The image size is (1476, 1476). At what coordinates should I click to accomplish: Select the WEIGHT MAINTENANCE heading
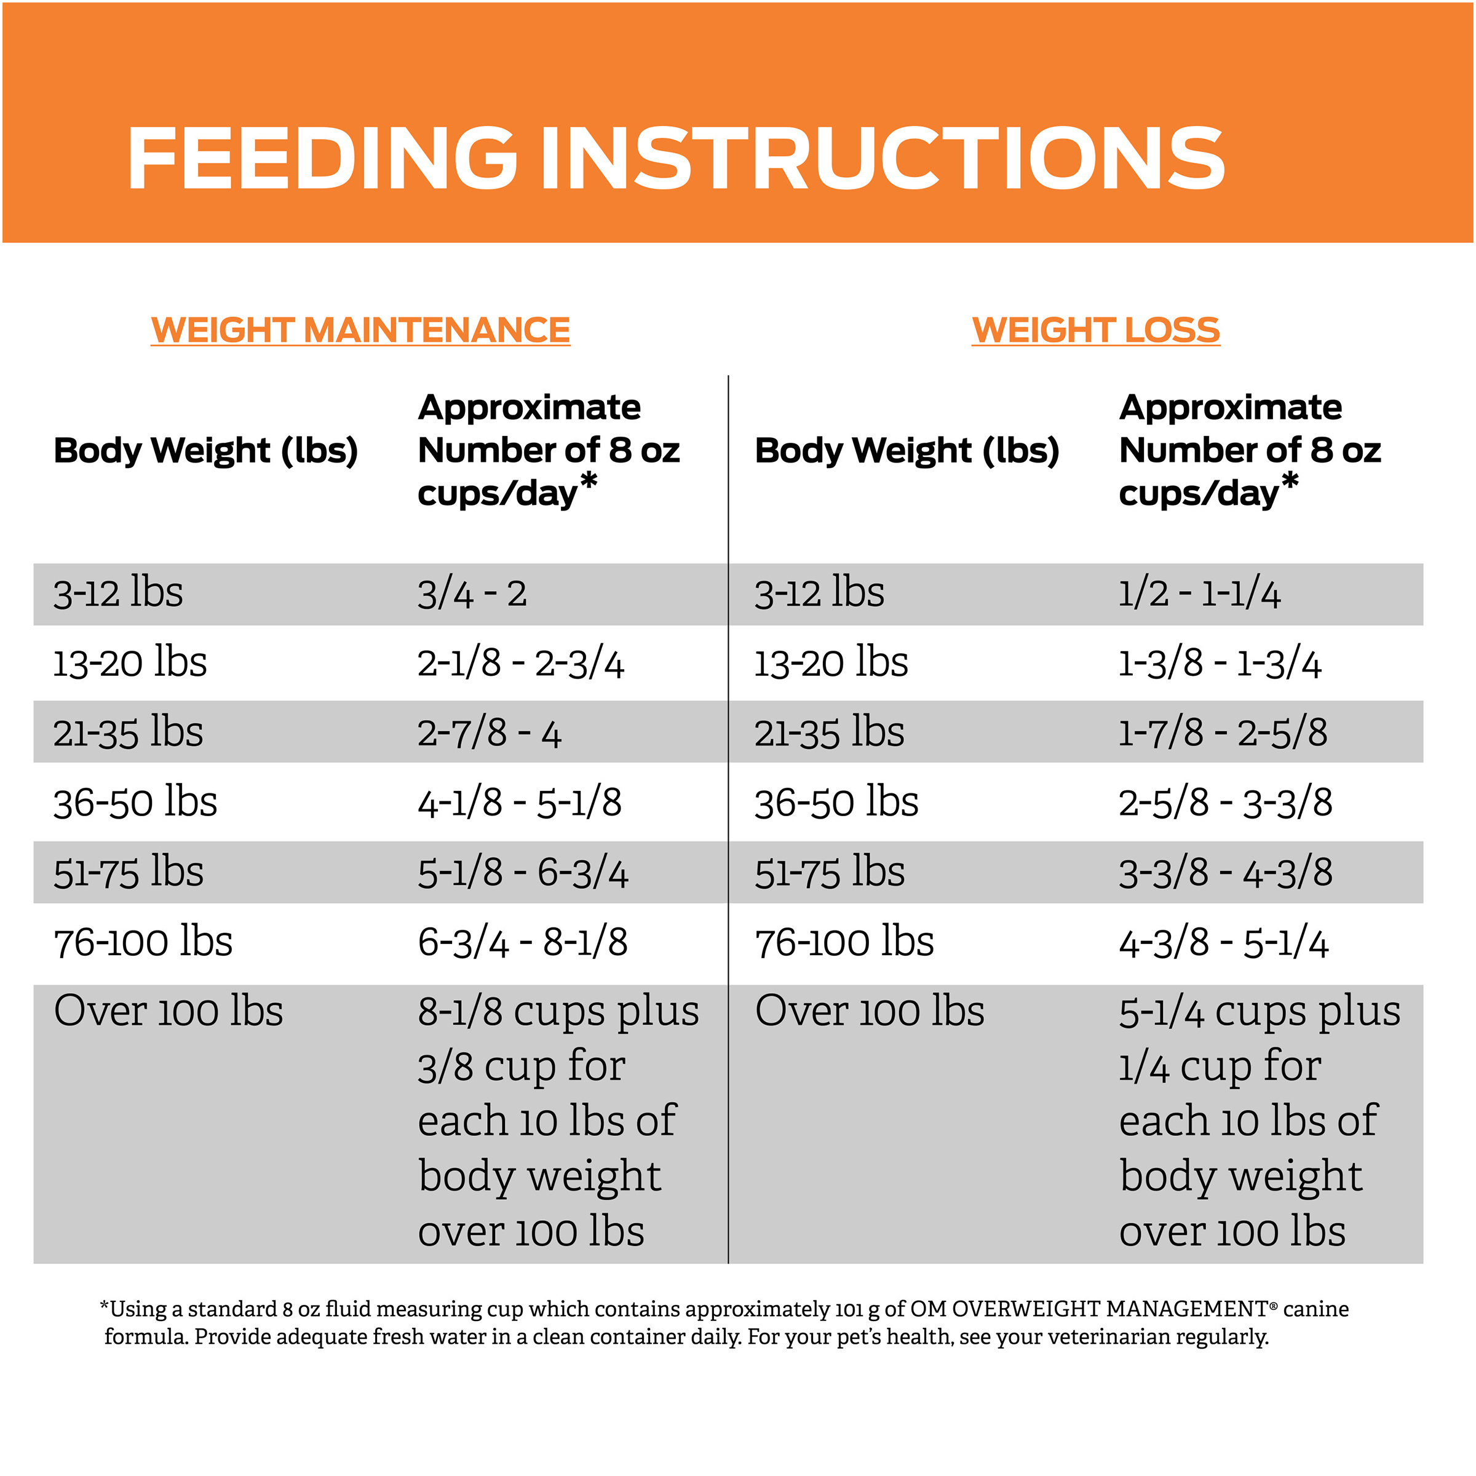[x=360, y=330]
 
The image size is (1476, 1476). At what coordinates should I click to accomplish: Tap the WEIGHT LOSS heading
[x=1095, y=330]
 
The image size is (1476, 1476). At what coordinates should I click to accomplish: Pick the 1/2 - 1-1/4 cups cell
[x=1199, y=594]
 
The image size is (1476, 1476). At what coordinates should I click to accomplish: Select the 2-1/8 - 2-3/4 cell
[x=520, y=663]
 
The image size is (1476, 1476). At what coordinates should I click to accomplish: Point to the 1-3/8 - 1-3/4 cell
[x=1220, y=663]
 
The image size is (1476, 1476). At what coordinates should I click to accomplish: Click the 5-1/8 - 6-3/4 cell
[x=523, y=873]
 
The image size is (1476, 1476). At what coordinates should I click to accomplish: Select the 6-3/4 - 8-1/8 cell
[x=523, y=942]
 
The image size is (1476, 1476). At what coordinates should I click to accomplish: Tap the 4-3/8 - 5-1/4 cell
[x=1223, y=942]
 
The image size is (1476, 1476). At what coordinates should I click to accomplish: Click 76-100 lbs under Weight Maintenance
[x=143, y=942]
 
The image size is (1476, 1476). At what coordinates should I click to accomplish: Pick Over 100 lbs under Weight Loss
[x=870, y=1012]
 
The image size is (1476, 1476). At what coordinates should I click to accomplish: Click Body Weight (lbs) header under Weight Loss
[x=907, y=450]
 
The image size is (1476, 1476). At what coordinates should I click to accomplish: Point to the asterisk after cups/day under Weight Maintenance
[x=589, y=482]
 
